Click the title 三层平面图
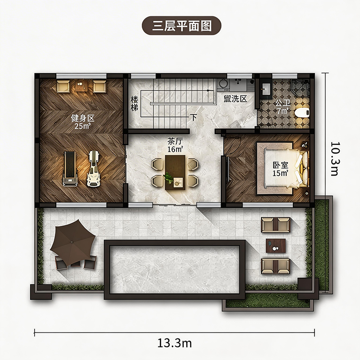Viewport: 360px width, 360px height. pyautogui.click(x=182, y=26)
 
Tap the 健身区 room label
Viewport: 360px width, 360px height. pyautogui.click(x=83, y=118)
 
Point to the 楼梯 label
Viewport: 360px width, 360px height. pyautogui.click(x=135, y=104)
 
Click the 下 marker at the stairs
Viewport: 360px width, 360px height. pyautogui.click(x=194, y=117)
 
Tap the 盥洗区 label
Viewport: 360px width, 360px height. pyautogui.click(x=235, y=99)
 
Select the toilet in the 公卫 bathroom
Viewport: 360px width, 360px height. pyautogui.click(x=302, y=113)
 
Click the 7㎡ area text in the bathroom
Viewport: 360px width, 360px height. pyautogui.click(x=283, y=111)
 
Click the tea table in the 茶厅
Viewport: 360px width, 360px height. pyautogui.click(x=175, y=172)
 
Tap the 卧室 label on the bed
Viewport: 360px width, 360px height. pyautogui.click(x=280, y=165)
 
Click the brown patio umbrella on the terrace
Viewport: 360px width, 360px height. pyautogui.click(x=72, y=243)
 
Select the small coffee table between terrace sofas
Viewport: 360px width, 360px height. pyautogui.click(x=276, y=246)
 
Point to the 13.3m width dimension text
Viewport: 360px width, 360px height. pyautogui.click(x=175, y=343)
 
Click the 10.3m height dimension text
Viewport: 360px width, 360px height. pyautogui.click(x=335, y=159)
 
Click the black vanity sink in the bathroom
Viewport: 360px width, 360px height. pyautogui.click(x=266, y=89)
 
